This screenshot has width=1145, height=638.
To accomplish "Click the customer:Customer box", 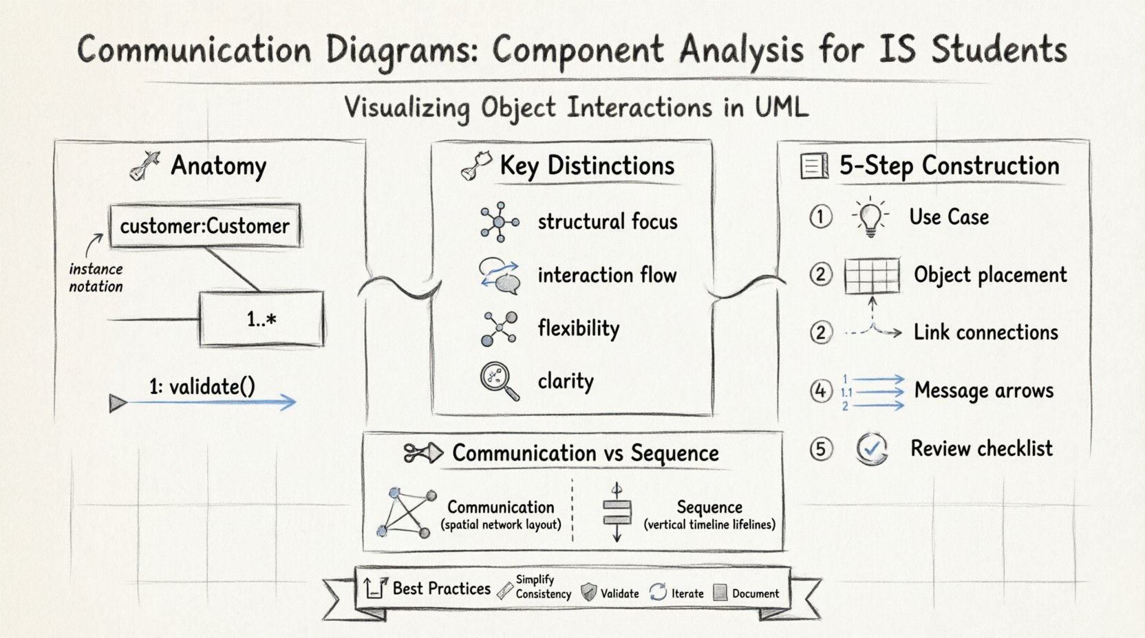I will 204,225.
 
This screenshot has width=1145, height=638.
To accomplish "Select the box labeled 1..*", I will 261,318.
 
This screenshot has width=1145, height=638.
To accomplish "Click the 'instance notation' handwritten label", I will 96,278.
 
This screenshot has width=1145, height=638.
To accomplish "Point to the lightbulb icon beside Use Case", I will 870,217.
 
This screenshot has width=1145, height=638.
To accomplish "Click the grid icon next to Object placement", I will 872,275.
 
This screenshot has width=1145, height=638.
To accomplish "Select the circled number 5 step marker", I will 820,449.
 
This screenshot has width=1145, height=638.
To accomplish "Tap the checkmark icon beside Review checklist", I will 872,449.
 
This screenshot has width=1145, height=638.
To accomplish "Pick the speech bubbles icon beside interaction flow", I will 500,275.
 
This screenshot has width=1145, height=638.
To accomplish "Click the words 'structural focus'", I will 608,221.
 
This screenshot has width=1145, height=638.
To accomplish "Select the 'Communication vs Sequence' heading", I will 585,453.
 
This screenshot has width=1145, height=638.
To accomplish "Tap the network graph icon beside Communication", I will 407,513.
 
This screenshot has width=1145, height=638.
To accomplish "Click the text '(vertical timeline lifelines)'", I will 709,525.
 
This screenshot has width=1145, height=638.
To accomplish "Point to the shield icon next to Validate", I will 588,592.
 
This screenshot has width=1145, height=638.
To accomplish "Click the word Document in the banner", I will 755,593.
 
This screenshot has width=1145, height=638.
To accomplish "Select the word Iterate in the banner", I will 687,593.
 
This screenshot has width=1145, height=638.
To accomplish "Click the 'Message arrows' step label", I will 983,390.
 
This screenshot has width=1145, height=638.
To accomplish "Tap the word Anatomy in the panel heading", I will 218,166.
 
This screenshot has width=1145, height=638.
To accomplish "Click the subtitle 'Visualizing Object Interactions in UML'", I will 576,108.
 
